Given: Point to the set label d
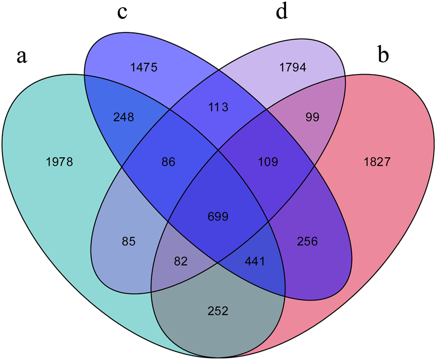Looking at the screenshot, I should pyautogui.click(x=281, y=12).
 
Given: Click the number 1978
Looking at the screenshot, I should pyautogui.click(x=60, y=162).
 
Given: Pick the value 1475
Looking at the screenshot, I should pyautogui.click(x=144, y=68).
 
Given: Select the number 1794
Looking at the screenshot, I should pyautogui.click(x=293, y=67).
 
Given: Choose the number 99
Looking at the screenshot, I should pyautogui.click(x=313, y=117).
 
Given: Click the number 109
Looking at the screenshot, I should pyautogui.click(x=268, y=162).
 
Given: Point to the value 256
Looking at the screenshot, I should pyautogui.click(x=308, y=241).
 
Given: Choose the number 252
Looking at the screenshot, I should pyautogui.click(x=218, y=310).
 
